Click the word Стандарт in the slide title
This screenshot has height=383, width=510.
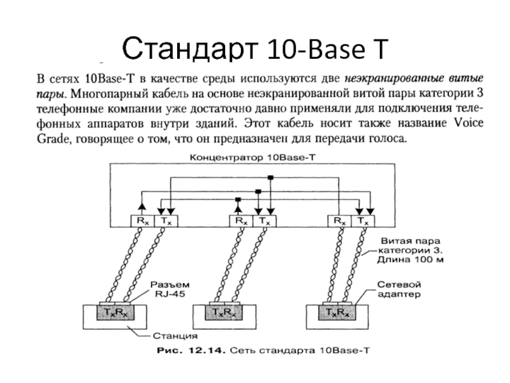(190, 49)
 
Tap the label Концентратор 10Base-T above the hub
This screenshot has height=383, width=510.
(252, 158)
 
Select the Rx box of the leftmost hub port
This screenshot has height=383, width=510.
(142, 221)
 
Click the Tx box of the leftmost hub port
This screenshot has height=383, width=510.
(166, 221)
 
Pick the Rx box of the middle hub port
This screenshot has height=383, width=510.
(242, 221)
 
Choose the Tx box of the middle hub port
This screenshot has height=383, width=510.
(265, 221)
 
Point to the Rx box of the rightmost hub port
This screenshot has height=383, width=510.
(340, 221)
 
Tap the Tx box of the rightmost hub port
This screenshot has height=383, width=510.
(363, 221)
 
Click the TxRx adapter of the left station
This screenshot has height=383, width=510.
(115, 312)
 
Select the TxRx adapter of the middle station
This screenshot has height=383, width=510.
(224, 312)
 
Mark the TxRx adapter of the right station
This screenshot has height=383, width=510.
(337, 312)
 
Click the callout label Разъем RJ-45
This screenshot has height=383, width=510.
(170, 289)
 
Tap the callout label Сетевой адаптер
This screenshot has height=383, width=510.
(399, 289)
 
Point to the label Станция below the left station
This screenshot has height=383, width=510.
(175, 336)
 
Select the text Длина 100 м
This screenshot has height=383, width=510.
(410, 260)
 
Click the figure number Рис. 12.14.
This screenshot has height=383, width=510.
(191, 350)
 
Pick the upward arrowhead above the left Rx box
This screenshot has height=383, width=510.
(142, 206)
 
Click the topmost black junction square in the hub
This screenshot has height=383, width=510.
(270, 177)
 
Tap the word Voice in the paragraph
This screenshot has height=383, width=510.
(468, 123)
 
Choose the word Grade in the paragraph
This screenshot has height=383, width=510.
(53, 139)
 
